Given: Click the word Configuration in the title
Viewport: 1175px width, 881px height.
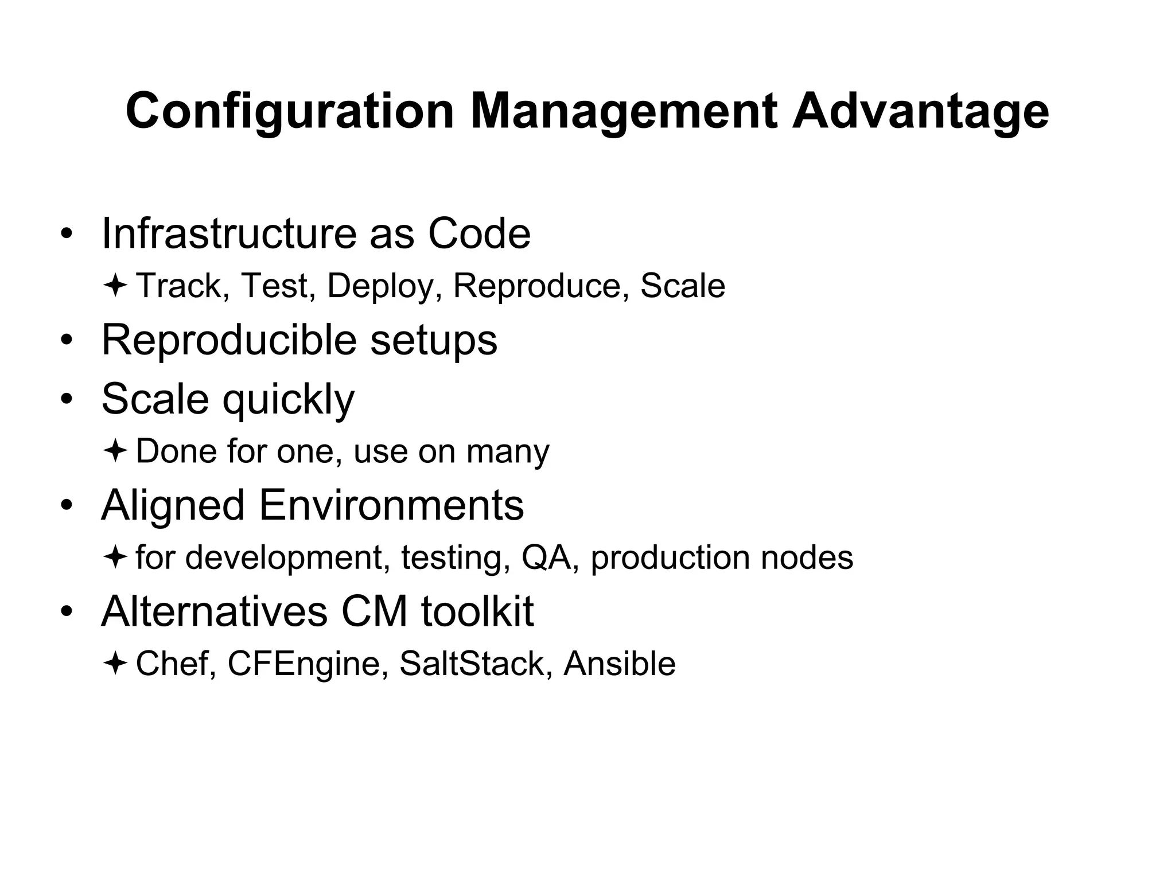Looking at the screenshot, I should [290, 112].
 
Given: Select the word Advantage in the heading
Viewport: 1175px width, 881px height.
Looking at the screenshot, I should [920, 112].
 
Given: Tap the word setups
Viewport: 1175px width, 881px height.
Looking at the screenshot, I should [434, 340].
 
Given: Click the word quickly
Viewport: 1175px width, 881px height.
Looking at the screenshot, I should [289, 399].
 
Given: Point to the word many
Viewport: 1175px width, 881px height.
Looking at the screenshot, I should [508, 451].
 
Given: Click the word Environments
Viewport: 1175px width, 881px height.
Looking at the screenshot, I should [391, 505].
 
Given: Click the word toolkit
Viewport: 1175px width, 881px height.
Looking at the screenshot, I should [477, 611].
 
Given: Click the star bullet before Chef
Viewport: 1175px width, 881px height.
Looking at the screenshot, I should [115, 664].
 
